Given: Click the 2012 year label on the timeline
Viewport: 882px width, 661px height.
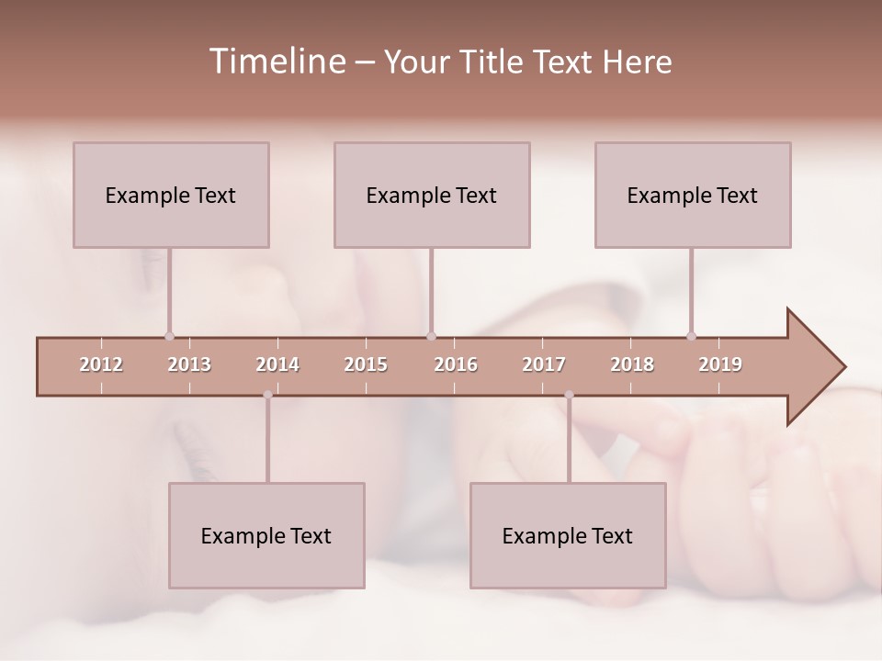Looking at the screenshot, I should pos(101,364).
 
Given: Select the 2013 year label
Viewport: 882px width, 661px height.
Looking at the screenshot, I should pos(189,364).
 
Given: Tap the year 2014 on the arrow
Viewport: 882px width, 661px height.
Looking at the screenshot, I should pos(277,364).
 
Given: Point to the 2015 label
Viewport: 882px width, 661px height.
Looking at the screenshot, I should pos(366,364).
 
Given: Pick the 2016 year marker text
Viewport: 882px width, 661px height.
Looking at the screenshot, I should pos(456,364).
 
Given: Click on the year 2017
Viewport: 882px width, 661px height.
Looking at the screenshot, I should pos(544,364).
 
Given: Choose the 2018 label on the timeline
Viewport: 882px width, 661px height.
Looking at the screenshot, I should pos(632,364).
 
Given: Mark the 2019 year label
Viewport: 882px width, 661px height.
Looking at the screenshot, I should pos(720,364).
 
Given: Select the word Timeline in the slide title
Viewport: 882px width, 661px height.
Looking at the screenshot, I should pos(275,62).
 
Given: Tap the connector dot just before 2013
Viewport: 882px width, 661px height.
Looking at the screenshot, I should pos(169,336).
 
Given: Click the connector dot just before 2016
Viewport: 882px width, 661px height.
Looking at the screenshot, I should pos(431,336).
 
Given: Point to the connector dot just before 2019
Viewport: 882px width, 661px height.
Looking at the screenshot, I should pos(692,336).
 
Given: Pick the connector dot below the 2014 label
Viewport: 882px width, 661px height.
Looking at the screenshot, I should pos(267,396).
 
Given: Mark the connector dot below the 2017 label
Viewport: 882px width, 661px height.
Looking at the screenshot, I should pos(569,396).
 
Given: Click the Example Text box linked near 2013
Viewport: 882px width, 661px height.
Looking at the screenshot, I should pos(171,195).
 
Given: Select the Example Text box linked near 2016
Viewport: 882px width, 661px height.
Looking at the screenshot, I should pos(432,195).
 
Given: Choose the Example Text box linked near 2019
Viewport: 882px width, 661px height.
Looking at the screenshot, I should pos(693,195).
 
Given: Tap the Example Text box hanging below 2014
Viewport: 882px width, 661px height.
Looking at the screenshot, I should pos(266,535).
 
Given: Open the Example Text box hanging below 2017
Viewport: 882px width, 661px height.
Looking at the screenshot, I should pos(568,535).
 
